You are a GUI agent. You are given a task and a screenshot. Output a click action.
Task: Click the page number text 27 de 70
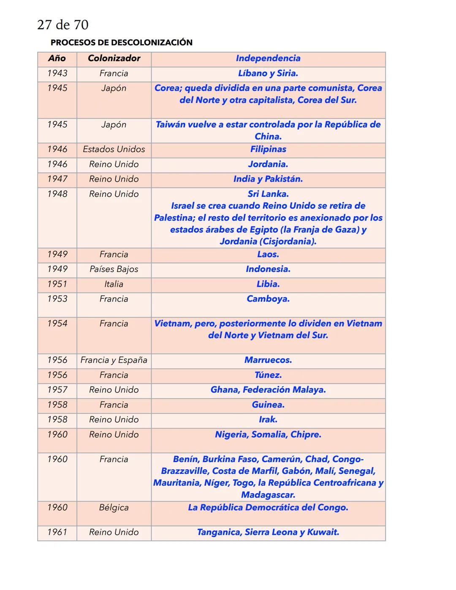tap(63, 25)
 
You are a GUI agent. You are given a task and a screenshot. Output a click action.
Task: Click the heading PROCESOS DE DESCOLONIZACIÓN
tap(121, 43)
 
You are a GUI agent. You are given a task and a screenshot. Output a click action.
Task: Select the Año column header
tap(57, 59)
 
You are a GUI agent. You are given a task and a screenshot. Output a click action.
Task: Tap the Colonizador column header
tap(114, 59)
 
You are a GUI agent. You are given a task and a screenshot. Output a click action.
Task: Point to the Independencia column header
tap(268, 59)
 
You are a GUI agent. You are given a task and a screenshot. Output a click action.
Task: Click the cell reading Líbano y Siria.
tap(268, 73)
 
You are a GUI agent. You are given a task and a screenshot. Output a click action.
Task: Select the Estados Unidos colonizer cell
tap(114, 150)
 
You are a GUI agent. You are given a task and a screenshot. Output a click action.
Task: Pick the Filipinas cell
tap(268, 150)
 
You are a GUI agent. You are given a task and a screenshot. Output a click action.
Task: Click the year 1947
tap(57, 179)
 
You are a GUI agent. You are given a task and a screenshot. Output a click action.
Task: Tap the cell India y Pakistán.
tap(268, 179)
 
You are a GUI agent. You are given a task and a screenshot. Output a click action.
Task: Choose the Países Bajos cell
tap(114, 269)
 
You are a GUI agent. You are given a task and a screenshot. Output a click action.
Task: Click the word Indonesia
tap(267, 269)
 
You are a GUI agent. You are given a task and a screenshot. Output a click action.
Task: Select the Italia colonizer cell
tap(114, 284)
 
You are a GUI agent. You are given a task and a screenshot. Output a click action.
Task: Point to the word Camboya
tap(268, 299)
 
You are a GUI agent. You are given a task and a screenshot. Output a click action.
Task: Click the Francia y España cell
tap(114, 360)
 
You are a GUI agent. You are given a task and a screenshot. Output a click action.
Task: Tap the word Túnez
tap(268, 375)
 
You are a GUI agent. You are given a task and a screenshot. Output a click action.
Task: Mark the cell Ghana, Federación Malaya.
tap(268, 390)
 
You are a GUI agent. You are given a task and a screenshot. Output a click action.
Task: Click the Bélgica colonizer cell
tap(114, 508)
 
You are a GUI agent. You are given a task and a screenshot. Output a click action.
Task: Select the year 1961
tap(57, 532)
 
